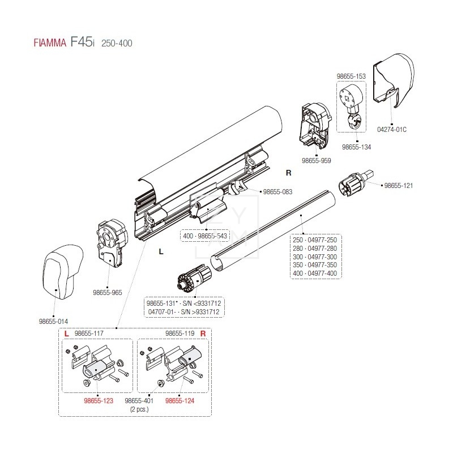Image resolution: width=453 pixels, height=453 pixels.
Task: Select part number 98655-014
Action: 53,321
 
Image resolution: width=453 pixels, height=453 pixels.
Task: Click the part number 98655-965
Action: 107,293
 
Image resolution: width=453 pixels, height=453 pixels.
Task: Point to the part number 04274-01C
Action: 391,129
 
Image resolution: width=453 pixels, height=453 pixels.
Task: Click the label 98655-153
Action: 351,75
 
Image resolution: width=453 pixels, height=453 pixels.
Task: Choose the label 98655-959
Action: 317,161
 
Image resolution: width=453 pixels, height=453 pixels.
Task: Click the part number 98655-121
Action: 400,185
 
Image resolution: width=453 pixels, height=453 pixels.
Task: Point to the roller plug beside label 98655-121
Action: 356,182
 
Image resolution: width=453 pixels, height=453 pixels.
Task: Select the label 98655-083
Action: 277,192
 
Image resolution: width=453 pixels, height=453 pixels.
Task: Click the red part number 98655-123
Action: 97,400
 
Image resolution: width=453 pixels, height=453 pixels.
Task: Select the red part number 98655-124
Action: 180,400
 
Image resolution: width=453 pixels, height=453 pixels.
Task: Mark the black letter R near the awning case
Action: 288,172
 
